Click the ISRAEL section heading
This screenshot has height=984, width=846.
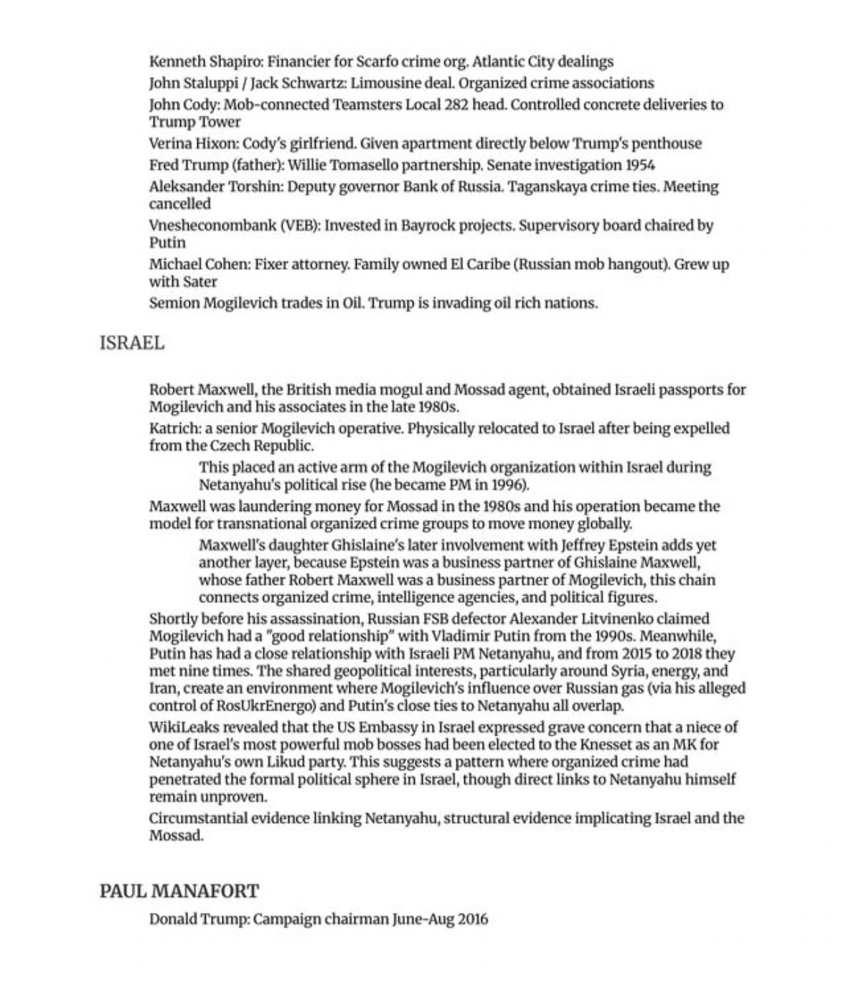[x=132, y=343]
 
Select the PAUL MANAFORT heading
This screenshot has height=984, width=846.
[x=179, y=891]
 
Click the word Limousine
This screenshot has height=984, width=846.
[x=382, y=83]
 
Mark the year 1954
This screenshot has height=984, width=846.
[x=640, y=165]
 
